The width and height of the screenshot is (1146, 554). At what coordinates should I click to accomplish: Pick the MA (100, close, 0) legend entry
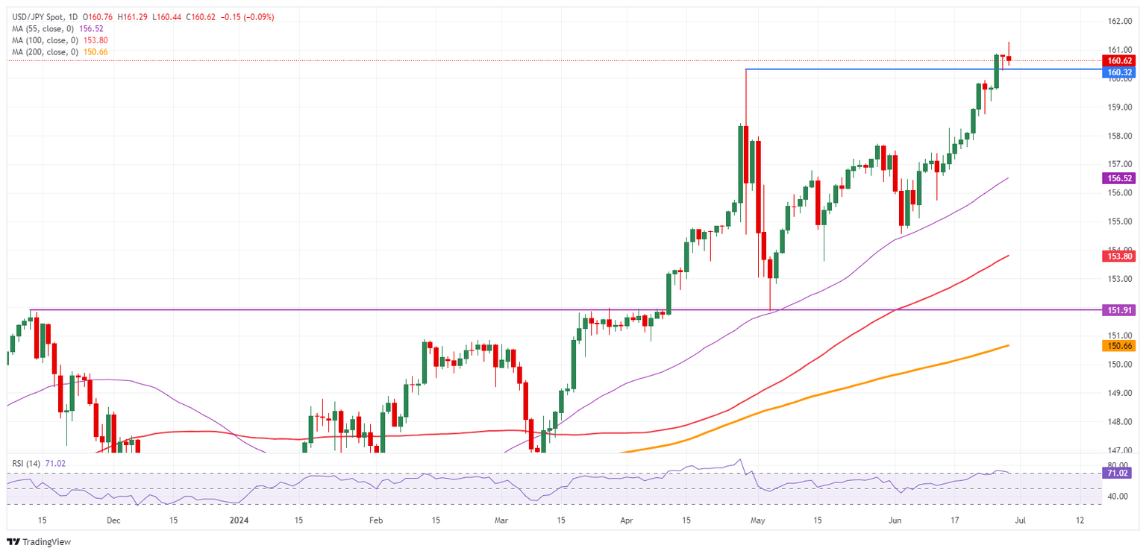coord(45,41)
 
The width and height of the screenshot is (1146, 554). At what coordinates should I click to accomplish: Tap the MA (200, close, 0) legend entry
coord(45,52)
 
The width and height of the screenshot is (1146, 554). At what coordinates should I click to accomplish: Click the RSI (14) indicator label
coord(27,463)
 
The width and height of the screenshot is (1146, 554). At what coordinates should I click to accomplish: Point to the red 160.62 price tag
coord(1119,60)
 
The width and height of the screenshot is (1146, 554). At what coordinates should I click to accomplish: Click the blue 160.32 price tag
coord(1119,72)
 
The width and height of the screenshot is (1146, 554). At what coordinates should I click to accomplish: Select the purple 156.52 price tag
coord(1119,178)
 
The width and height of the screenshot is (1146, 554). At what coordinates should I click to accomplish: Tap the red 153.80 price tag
coord(1119,256)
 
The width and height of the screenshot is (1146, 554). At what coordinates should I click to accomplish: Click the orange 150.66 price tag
coord(1119,346)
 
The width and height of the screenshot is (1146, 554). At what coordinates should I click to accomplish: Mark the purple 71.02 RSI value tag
coord(1119,473)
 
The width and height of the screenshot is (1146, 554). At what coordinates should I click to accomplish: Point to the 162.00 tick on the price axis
coord(1119,22)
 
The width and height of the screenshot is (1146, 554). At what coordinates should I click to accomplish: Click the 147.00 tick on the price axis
coord(1119,450)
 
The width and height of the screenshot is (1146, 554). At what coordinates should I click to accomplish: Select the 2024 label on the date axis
coord(240,520)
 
